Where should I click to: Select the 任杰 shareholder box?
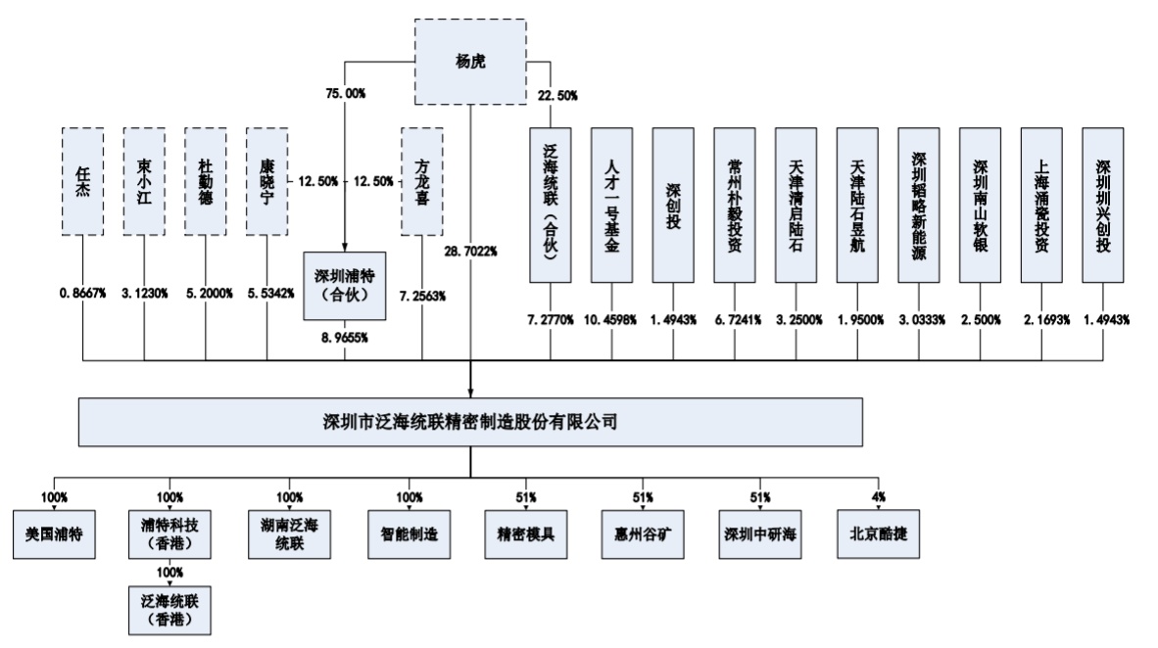[x=82, y=180]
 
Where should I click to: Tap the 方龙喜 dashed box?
[x=422, y=180]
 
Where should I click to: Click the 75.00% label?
[x=345, y=93]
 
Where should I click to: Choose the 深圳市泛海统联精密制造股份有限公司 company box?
[x=470, y=422]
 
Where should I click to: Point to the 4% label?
[x=879, y=496]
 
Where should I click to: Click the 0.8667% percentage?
[x=82, y=292]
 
